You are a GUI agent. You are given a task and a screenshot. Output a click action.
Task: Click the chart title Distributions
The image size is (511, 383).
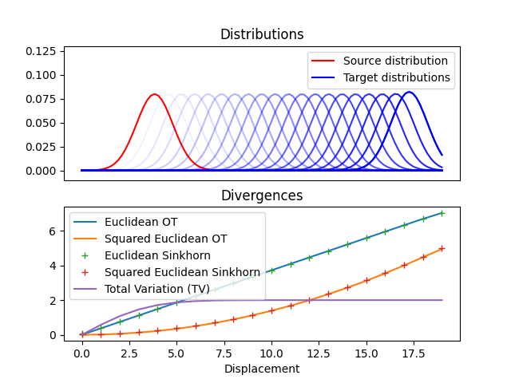(x=262, y=35)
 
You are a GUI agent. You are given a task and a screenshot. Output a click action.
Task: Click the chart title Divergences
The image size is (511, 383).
(x=262, y=195)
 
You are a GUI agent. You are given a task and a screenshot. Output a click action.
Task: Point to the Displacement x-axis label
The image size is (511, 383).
(x=262, y=369)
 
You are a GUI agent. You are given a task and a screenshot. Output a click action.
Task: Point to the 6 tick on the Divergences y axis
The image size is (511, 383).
(x=53, y=231)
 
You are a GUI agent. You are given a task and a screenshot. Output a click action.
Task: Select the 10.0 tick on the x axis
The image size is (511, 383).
(x=271, y=352)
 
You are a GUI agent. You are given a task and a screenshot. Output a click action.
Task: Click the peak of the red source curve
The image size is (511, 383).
(x=154, y=94)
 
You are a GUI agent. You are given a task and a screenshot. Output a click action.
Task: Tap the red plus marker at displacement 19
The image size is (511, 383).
(x=442, y=248)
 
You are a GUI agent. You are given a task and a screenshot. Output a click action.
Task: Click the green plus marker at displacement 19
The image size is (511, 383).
(x=442, y=213)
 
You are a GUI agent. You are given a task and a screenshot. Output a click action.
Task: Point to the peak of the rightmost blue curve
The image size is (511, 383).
(x=409, y=93)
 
